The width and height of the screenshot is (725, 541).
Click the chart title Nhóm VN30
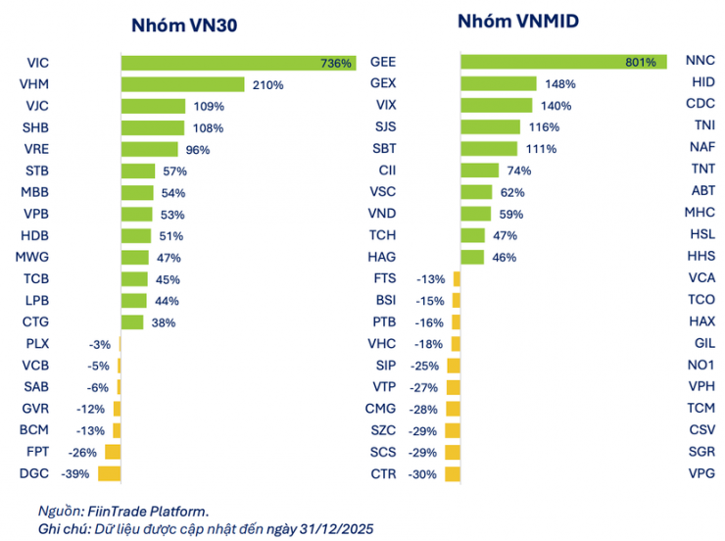pyautogui.click(x=184, y=26)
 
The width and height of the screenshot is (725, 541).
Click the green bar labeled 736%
pyautogui.click(x=238, y=63)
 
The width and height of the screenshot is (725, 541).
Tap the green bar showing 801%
pyautogui.click(x=562, y=62)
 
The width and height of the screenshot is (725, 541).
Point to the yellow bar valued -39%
pyautogui.click(x=108, y=473)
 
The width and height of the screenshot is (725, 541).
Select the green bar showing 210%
pyautogui.click(x=182, y=84)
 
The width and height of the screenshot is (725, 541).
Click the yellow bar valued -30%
pyautogui.click(x=454, y=473)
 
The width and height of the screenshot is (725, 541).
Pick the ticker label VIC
pyautogui.click(x=38, y=63)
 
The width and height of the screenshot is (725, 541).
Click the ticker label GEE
pyautogui.click(x=383, y=62)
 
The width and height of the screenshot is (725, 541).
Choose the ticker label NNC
pyautogui.click(x=701, y=62)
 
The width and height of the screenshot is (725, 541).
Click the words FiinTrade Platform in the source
pyautogui.click(x=145, y=510)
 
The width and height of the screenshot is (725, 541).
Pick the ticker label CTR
pyautogui.click(x=383, y=473)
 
